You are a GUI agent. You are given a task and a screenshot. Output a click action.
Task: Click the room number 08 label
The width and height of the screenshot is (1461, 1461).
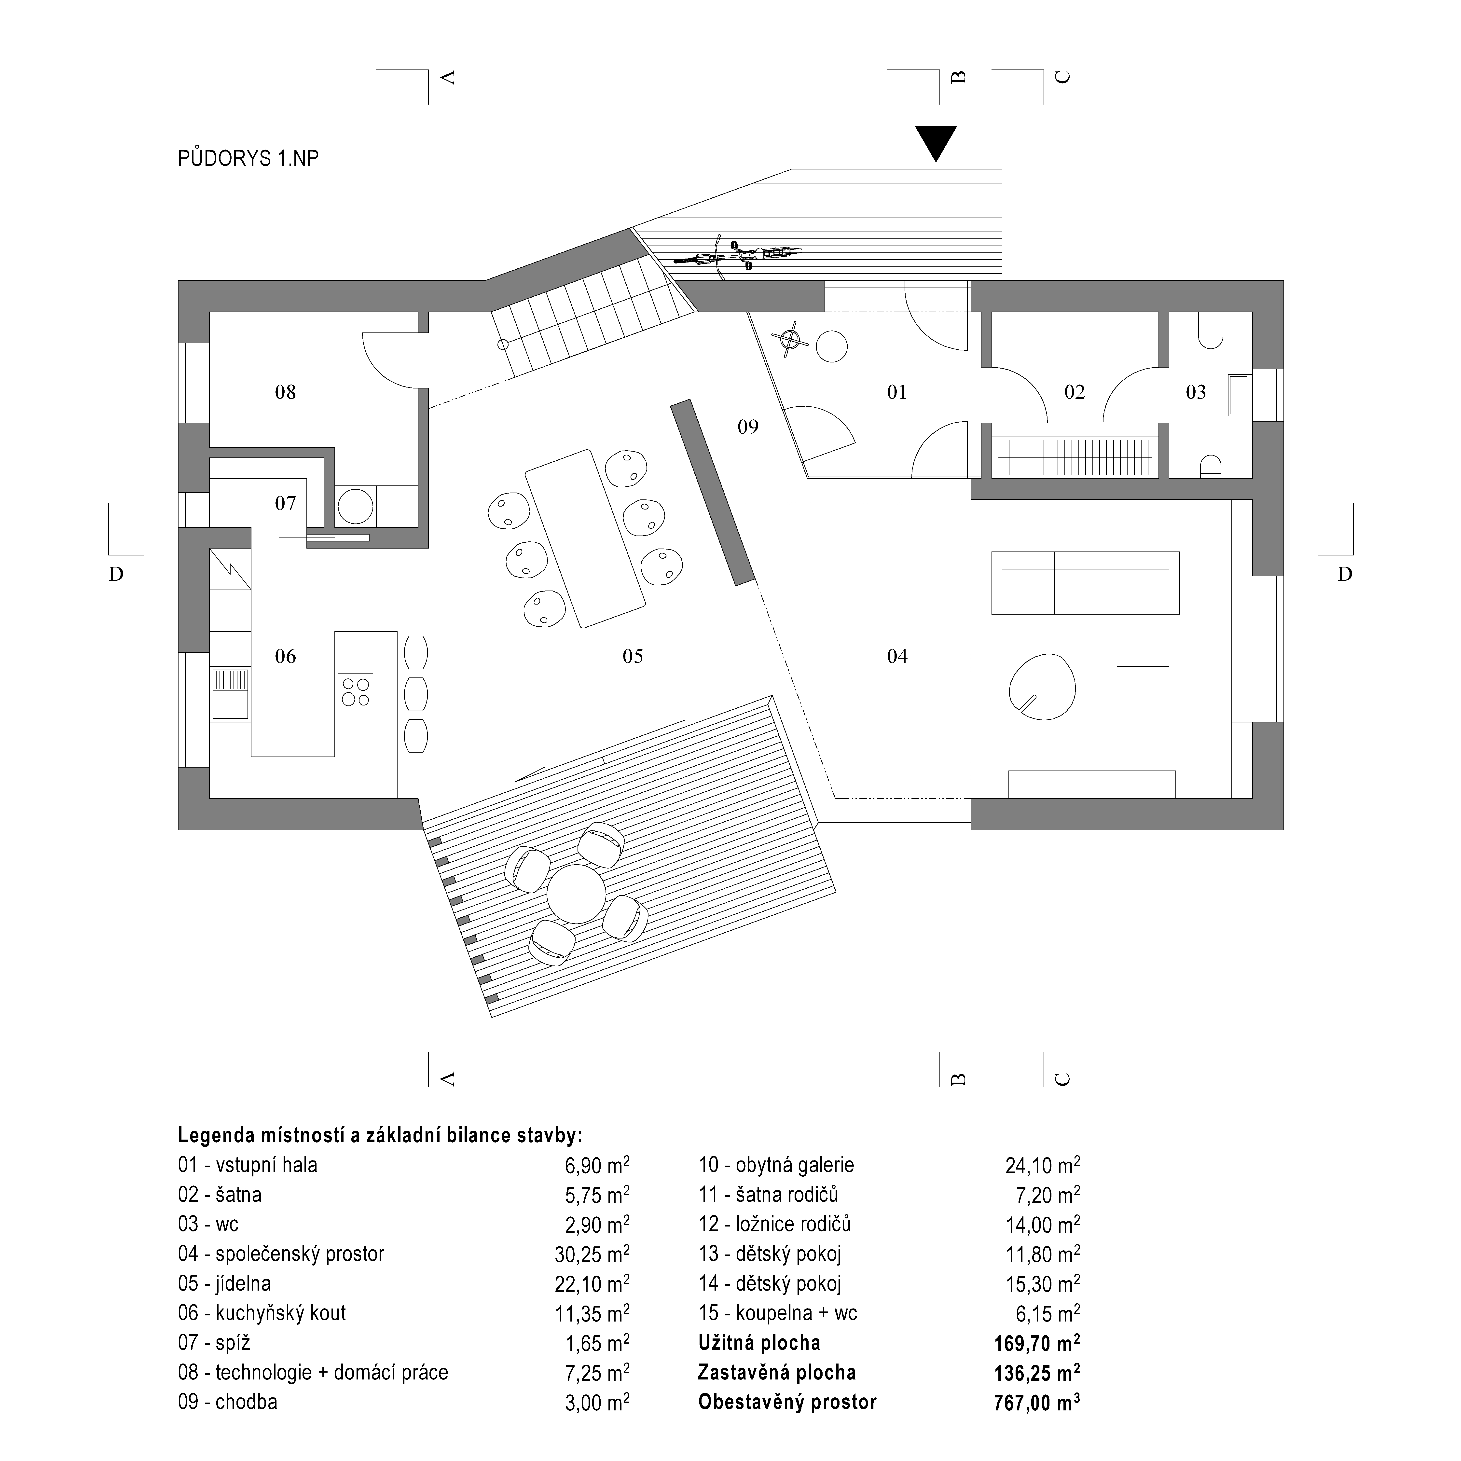pos(285,392)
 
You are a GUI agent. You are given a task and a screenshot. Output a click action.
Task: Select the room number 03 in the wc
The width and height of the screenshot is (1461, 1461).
pos(1196,392)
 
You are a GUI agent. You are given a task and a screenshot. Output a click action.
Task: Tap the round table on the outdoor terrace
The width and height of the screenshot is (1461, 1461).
pos(576,894)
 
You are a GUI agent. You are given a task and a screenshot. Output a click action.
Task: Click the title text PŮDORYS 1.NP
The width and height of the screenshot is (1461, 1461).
pos(248,158)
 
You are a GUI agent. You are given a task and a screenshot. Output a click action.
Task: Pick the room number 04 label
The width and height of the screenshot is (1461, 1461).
pos(897,656)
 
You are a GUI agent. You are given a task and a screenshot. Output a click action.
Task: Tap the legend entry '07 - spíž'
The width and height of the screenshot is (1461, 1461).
pos(214,1343)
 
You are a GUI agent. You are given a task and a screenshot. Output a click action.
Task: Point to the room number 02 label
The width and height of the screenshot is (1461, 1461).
pos(1074,392)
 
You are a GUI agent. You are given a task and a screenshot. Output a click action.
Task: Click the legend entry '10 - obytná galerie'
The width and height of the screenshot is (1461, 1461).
pos(776,1165)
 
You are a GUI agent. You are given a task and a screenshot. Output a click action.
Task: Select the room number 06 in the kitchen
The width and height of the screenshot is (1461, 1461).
pos(285,656)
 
